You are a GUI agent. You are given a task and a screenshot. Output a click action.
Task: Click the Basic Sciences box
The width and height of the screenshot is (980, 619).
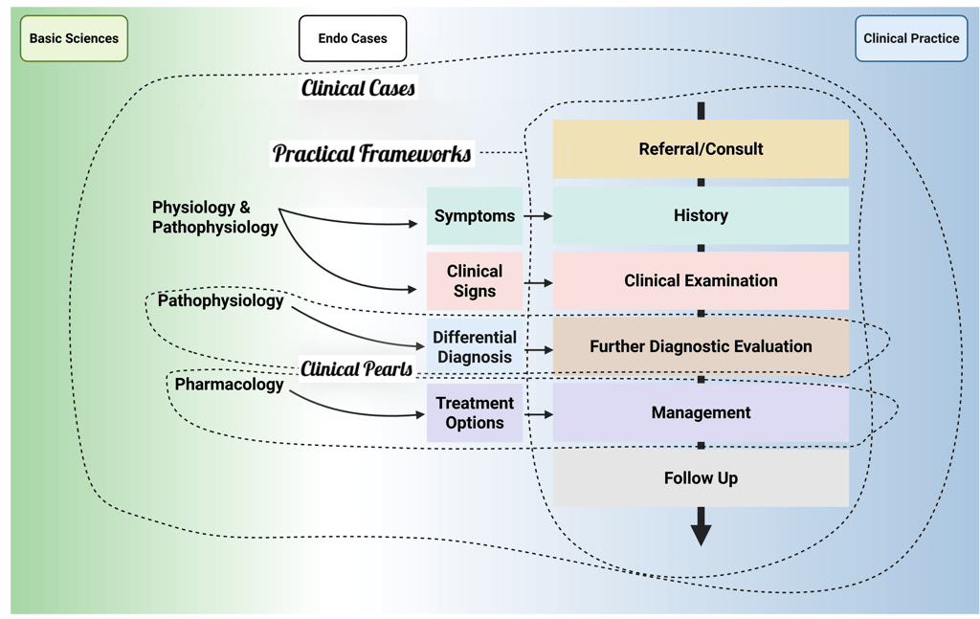tap(74, 39)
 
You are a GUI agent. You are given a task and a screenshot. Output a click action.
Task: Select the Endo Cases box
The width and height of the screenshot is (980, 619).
tap(352, 39)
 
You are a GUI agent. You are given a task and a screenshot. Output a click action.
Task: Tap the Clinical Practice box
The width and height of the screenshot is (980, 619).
tap(910, 39)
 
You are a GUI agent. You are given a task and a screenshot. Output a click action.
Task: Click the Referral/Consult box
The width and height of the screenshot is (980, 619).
tap(701, 149)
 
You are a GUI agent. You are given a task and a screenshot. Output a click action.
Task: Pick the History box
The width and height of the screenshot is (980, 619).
tap(701, 215)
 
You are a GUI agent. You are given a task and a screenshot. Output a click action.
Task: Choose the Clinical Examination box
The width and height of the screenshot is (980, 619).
tap(701, 281)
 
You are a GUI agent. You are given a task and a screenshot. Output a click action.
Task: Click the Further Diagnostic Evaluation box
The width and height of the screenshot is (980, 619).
tap(701, 346)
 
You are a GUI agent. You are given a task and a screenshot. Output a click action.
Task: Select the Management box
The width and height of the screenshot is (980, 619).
tap(701, 412)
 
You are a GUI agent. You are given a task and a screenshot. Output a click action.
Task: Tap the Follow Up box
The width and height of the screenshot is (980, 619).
tap(701, 478)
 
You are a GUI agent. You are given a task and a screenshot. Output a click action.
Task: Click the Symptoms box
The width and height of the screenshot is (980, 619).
tap(475, 216)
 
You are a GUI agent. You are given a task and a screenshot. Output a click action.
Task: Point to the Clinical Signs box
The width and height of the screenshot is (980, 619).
tap(475, 281)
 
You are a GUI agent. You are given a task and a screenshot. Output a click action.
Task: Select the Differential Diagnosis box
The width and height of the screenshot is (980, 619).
tap(475, 347)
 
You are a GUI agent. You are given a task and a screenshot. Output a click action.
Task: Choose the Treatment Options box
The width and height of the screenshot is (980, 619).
tap(475, 413)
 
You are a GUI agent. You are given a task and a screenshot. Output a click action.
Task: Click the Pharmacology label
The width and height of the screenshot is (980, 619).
tap(229, 385)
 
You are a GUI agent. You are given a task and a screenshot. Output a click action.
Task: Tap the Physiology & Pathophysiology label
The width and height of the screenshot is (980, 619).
tap(215, 217)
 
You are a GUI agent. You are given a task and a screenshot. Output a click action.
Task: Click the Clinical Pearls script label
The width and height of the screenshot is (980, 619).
tap(357, 369)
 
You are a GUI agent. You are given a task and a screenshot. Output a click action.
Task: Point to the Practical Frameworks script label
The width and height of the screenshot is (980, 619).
tap(372, 153)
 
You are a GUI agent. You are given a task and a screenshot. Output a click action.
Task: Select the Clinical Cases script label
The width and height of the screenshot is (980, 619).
tap(358, 88)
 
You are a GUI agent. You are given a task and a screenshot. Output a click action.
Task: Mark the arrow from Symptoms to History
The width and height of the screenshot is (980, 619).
tap(538, 216)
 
